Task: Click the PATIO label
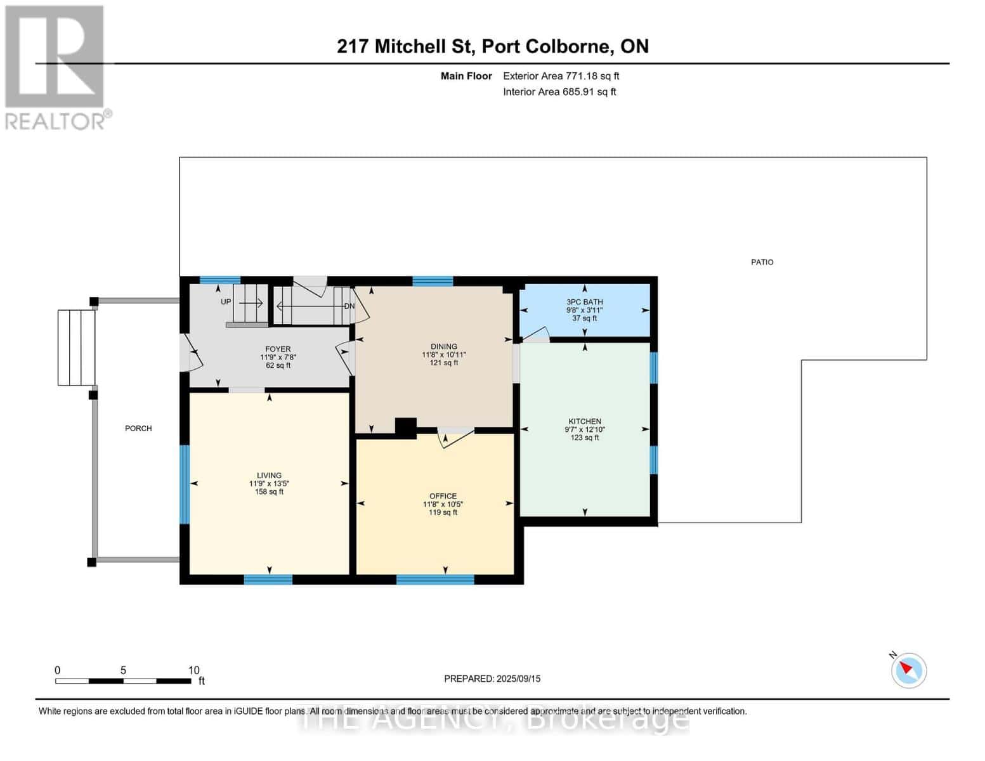tap(762, 262)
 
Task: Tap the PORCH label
tap(138, 429)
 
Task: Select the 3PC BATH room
tap(584, 309)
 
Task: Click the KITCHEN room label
tap(584, 422)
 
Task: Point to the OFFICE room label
tap(443, 497)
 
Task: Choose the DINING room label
tap(443, 347)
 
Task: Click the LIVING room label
tap(269, 476)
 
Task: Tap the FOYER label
tap(278, 349)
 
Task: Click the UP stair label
tap(226, 302)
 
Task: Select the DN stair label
tap(349, 306)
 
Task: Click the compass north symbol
tap(908, 670)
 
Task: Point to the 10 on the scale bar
tap(193, 670)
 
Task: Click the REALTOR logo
tap(55, 67)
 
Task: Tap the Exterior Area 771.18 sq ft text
tap(561, 76)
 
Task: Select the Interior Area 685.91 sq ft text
tap(559, 92)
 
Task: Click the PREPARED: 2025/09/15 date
tap(492, 679)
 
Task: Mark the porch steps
tap(76, 348)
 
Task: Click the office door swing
tap(456, 438)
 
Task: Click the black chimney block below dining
tap(405, 428)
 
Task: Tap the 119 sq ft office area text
tap(443, 512)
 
